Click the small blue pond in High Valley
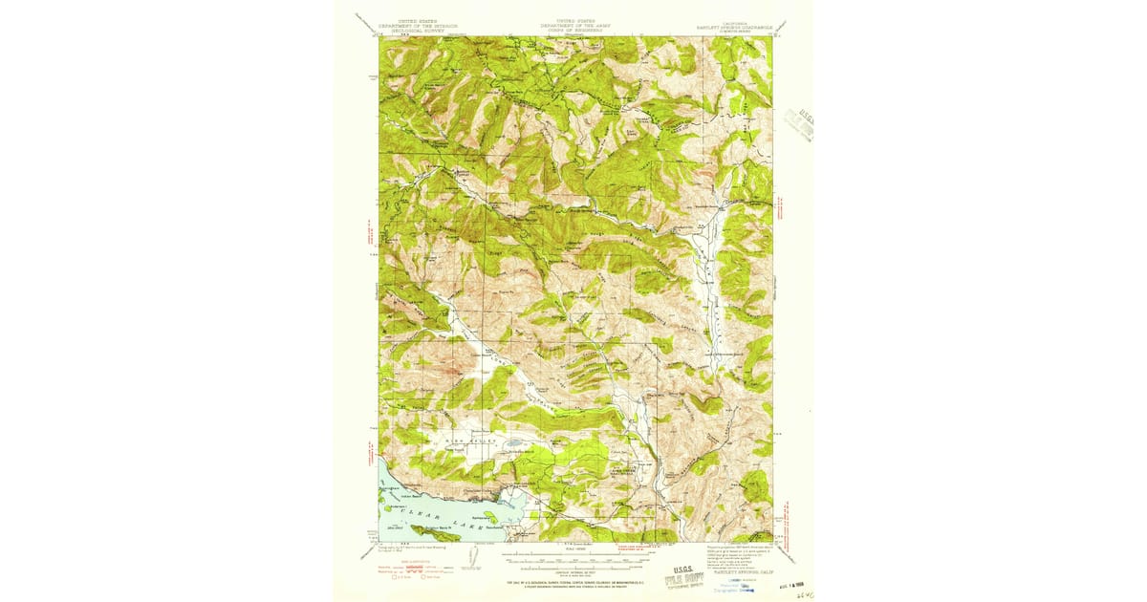click(514, 445)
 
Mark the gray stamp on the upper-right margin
click(797, 125)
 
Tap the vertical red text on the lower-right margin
click(787, 521)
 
